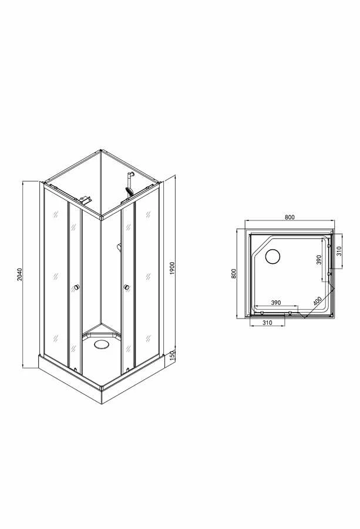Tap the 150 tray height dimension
coord(171,356)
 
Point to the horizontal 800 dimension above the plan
coord(289,217)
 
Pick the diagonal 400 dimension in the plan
coord(318,300)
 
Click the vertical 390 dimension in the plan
coord(318,260)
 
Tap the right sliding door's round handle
coord(126,287)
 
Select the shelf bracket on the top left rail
coord(86,200)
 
